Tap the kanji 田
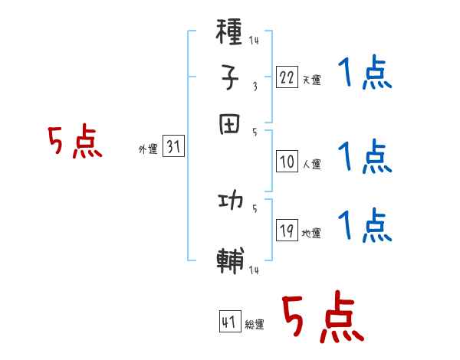point(230,123)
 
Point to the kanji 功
point(230,203)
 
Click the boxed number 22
point(287,77)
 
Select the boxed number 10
point(287,162)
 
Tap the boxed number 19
point(287,231)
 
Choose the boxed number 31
point(173,149)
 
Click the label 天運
point(310,80)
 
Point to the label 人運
point(311,164)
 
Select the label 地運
point(311,233)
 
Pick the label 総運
point(255,324)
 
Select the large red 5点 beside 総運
point(322,318)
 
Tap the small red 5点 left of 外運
point(74,143)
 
